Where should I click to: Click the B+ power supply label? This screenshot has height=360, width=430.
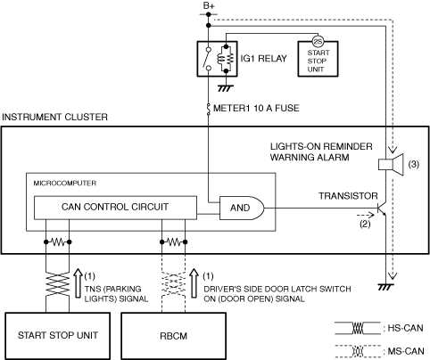tap(209, 5)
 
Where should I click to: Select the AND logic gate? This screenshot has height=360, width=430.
tap(242, 208)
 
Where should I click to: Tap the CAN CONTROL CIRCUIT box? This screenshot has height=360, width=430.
tap(115, 208)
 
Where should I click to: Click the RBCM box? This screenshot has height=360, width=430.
tap(173, 336)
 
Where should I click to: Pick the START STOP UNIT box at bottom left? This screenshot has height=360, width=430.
tap(58, 336)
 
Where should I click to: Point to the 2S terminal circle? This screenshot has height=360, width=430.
tap(318, 42)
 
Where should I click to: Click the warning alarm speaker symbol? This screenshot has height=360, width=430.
tap(391, 164)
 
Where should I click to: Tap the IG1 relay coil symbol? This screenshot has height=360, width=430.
tap(226, 59)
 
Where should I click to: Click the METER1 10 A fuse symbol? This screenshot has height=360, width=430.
tap(208, 109)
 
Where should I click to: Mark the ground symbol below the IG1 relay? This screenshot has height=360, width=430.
tap(226, 88)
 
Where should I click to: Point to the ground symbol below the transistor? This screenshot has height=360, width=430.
tap(385, 287)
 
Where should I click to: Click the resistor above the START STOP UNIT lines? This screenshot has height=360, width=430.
tap(58, 242)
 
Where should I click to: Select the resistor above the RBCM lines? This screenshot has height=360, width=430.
tap(173, 242)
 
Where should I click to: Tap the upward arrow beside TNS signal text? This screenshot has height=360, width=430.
tap(78, 283)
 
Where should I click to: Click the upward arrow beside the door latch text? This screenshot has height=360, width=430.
tap(194, 283)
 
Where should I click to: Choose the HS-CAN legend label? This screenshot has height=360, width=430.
tap(405, 328)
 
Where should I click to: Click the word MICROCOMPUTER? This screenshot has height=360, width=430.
tap(65, 184)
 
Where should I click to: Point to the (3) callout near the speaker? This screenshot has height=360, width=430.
tap(414, 164)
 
